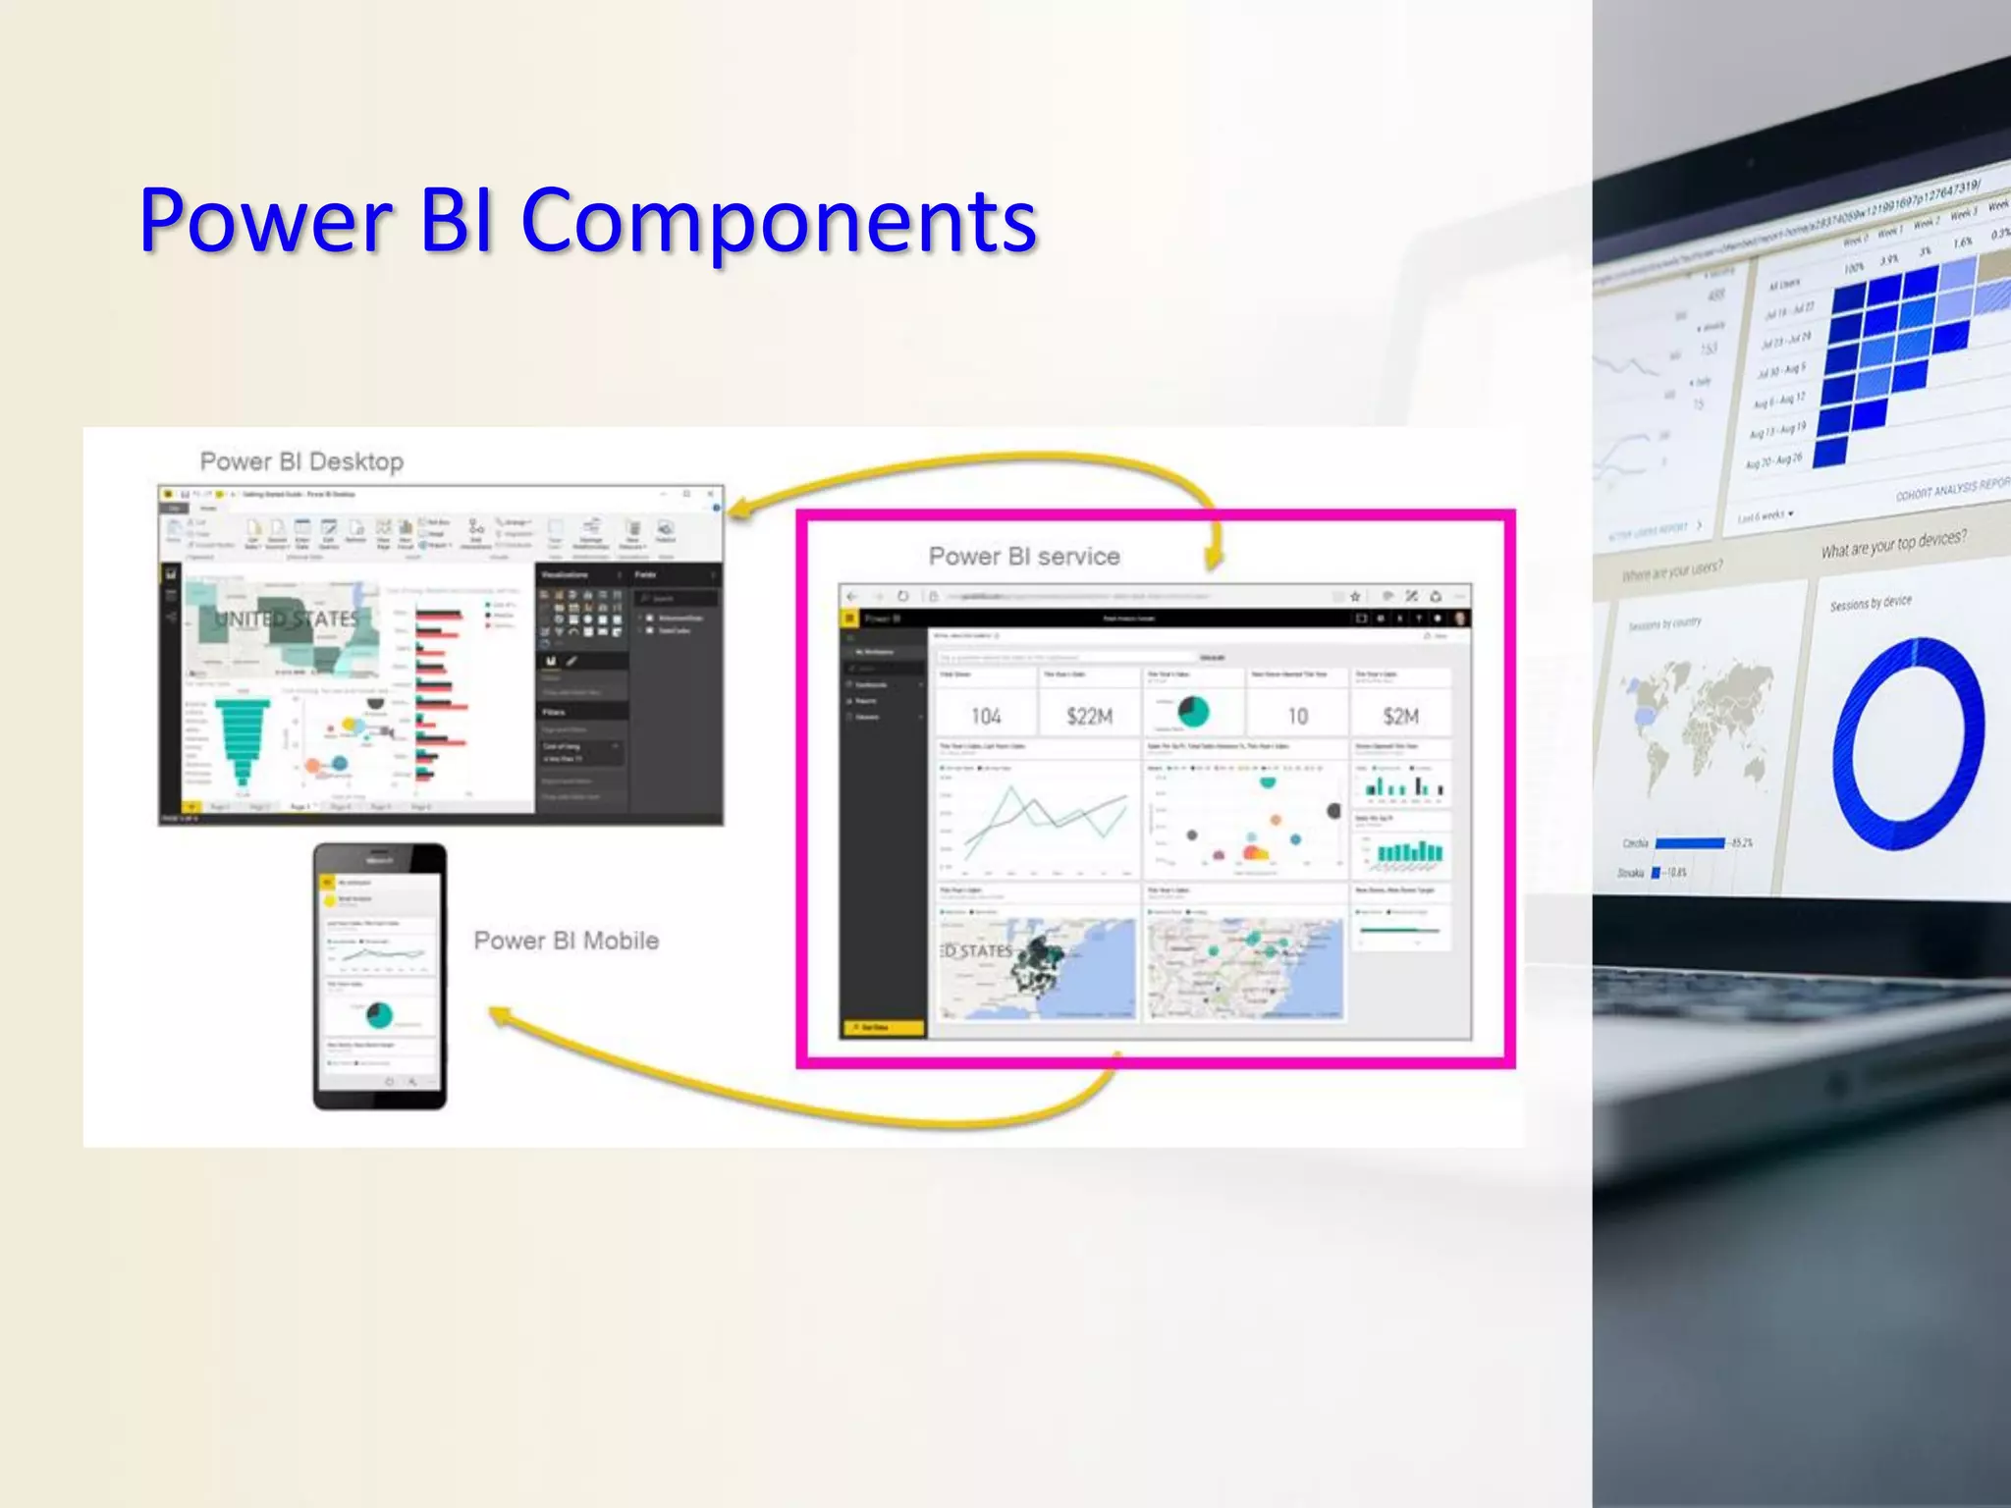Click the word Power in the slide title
point(265,221)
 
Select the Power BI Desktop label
point(301,461)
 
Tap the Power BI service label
point(1024,557)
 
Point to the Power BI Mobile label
point(566,941)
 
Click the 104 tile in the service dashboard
point(986,716)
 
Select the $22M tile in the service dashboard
point(1089,716)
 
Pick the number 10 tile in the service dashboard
point(1297,716)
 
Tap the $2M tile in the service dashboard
point(1400,716)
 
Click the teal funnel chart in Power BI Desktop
point(244,741)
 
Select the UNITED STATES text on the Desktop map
point(287,619)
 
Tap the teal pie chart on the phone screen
point(379,1014)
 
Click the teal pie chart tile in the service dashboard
point(1193,712)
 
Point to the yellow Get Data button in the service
point(882,1028)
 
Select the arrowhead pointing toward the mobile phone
point(499,1017)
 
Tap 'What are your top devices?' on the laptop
point(1893,543)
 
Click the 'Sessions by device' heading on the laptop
point(1870,602)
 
